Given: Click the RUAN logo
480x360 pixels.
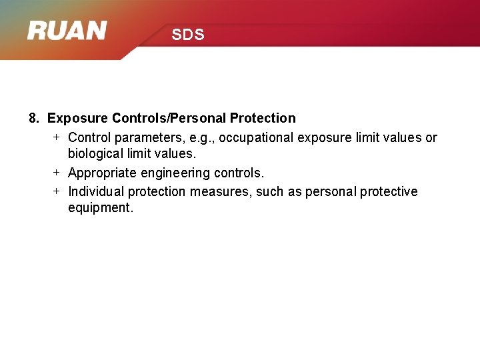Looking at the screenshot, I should (x=67, y=31).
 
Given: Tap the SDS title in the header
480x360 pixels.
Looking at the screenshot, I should (x=187, y=35).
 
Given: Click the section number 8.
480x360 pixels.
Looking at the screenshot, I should (x=34, y=118).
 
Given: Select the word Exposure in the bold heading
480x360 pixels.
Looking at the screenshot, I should (x=78, y=118).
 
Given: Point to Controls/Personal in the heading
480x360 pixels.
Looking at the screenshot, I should (x=169, y=118).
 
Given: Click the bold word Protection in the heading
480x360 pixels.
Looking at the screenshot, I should (x=263, y=118).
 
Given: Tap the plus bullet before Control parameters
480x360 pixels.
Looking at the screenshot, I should (x=57, y=137).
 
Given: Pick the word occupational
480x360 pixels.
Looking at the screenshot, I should (x=256, y=137).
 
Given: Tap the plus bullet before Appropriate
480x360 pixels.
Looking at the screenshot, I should (x=57, y=172).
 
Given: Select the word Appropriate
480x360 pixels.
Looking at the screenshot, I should (x=103, y=173).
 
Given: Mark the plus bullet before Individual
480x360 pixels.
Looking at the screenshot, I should (x=57, y=191).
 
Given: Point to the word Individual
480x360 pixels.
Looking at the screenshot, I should (x=96, y=191).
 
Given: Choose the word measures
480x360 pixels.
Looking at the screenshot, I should (x=216, y=191).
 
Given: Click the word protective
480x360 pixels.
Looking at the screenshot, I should (x=389, y=191).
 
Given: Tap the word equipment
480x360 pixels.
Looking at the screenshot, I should (x=100, y=207).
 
